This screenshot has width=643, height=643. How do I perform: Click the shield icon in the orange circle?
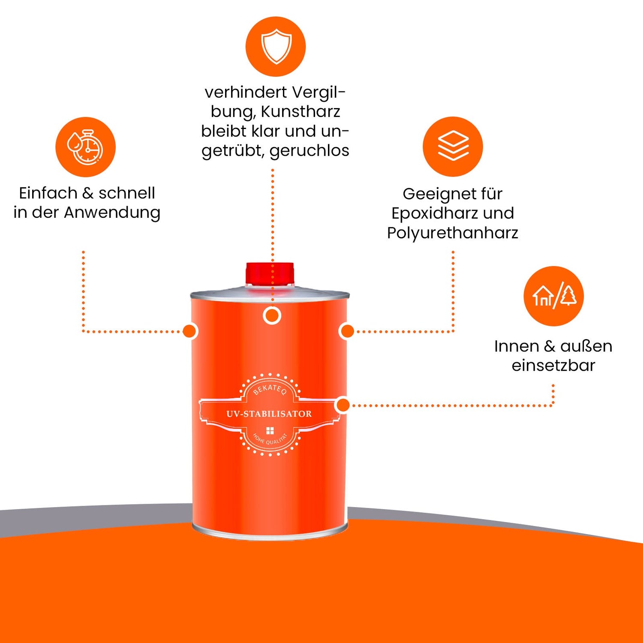point(276,46)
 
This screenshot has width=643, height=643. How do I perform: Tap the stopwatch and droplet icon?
point(85,147)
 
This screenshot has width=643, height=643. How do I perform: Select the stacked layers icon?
point(453,146)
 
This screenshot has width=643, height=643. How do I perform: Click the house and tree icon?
point(553,296)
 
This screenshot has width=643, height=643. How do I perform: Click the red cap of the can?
point(270,273)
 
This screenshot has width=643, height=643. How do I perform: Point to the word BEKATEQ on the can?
point(270,388)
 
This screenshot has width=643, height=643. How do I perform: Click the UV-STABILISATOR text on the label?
point(269,414)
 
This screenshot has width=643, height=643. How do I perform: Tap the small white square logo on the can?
point(270,431)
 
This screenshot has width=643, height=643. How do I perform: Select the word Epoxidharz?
point(435,213)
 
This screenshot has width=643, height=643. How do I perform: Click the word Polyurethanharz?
point(453,233)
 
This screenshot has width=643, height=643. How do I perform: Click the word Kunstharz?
point(300,111)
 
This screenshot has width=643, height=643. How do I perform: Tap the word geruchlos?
point(309,150)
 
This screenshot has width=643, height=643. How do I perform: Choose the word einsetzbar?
point(553,365)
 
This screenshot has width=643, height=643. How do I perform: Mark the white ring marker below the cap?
point(272,316)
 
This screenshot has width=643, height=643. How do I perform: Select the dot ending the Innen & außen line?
point(343,405)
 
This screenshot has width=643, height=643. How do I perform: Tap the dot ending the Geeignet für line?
point(347,331)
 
